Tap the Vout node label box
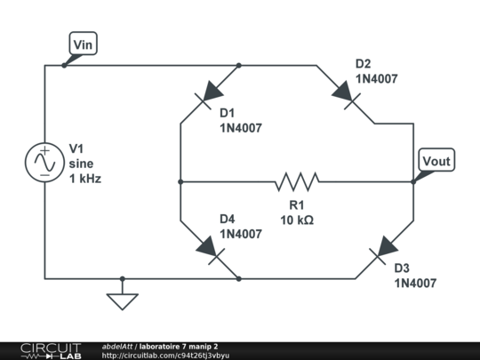(436, 161)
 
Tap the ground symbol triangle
(123, 301)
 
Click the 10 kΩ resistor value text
(296, 219)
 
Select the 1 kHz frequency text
(85, 179)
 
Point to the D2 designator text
(364, 64)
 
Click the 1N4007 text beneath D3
(415, 284)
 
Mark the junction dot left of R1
(180, 182)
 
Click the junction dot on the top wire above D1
(240, 65)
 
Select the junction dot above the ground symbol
(123, 279)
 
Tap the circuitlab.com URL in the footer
(165, 356)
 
